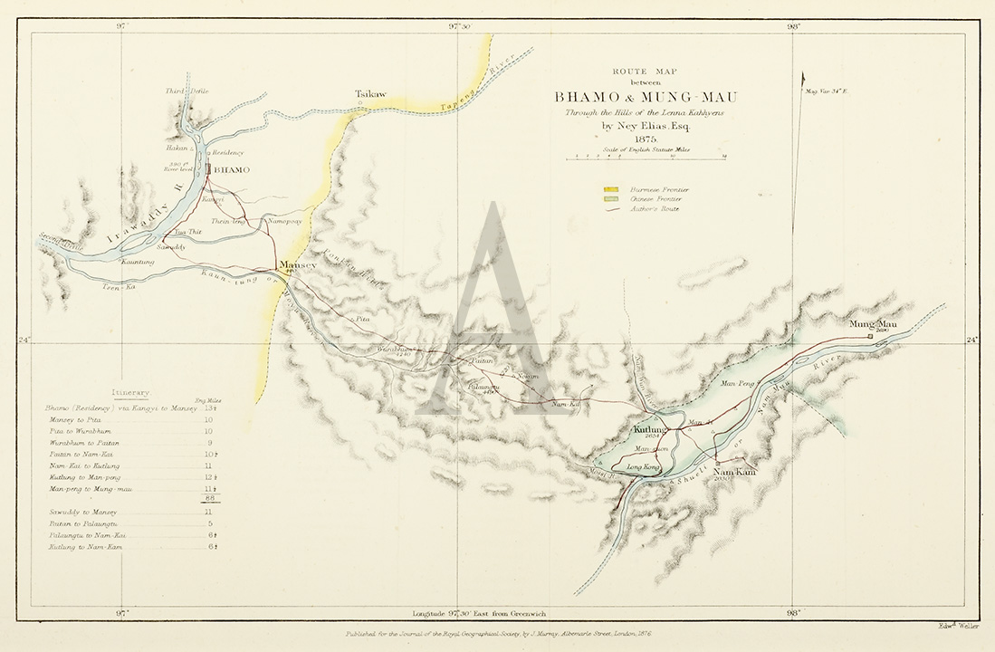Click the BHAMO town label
tap(233, 169)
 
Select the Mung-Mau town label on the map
tap(873, 323)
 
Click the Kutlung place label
tap(650, 429)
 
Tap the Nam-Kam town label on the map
tap(733, 473)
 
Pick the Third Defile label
tap(186, 91)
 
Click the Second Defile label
tap(61, 241)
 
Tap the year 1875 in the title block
tap(646, 139)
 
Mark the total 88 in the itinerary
tap(210, 499)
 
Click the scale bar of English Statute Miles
tap(646, 158)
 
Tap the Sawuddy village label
tap(171, 246)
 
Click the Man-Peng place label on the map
tap(737, 385)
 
